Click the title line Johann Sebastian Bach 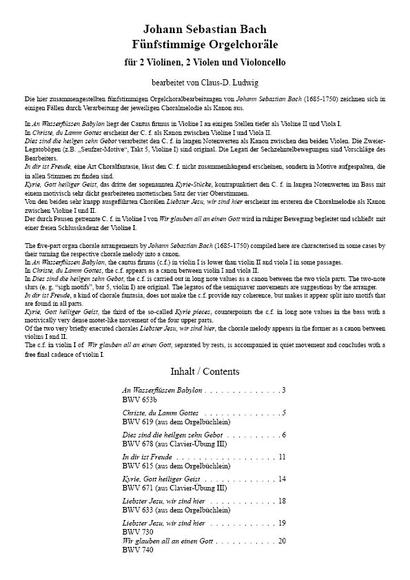[205, 30]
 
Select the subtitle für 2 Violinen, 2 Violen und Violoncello [205, 63]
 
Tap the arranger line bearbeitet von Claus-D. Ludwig [205, 83]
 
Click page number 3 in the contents [284, 391]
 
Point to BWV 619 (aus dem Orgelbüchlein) [176, 421]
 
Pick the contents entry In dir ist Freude [147, 457]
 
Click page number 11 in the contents [282, 457]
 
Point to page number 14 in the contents [282, 479]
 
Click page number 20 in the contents [282, 541]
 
